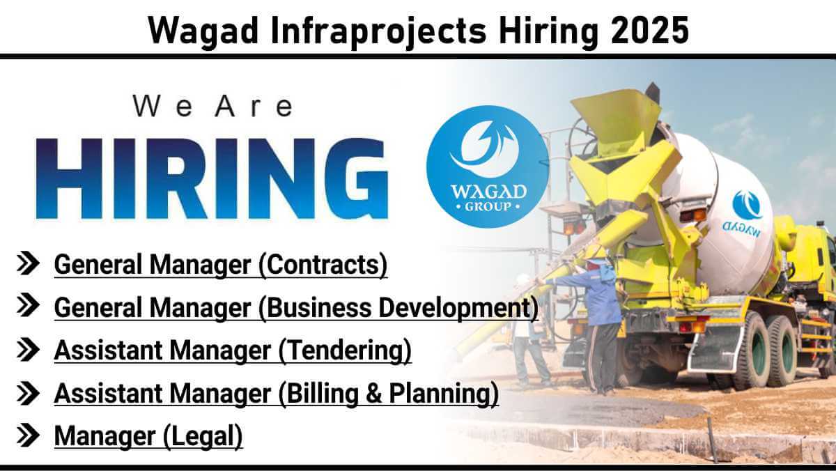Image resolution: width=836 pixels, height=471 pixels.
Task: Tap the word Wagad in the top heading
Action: pyautogui.click(x=203, y=31)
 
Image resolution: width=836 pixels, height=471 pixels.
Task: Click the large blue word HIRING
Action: pyautogui.click(x=212, y=178)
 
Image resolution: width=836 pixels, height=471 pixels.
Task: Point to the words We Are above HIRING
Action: pyautogui.click(x=212, y=107)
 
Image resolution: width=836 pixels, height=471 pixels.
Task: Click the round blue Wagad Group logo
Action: pyautogui.click(x=488, y=167)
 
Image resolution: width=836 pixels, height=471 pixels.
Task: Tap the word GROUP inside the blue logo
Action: pyautogui.click(x=488, y=206)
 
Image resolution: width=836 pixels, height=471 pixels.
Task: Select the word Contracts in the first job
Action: pyautogui.click(x=323, y=265)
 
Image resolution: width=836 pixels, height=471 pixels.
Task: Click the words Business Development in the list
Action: pyautogui.click(x=399, y=308)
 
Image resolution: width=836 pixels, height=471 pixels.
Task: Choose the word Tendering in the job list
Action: pyautogui.click(x=346, y=350)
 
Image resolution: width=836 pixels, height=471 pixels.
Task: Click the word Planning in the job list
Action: pyautogui.click(x=440, y=394)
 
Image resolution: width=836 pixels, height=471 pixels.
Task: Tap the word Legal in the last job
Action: pyautogui.click(x=203, y=436)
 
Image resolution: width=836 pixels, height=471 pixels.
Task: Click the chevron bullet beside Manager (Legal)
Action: pyautogui.click(x=28, y=435)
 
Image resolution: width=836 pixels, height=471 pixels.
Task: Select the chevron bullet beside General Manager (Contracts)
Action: pyautogui.click(x=28, y=263)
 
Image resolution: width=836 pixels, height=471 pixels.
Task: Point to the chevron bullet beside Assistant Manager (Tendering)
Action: pyautogui.click(x=28, y=349)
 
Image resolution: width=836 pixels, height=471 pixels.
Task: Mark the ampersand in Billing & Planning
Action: pyautogui.click(x=374, y=393)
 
